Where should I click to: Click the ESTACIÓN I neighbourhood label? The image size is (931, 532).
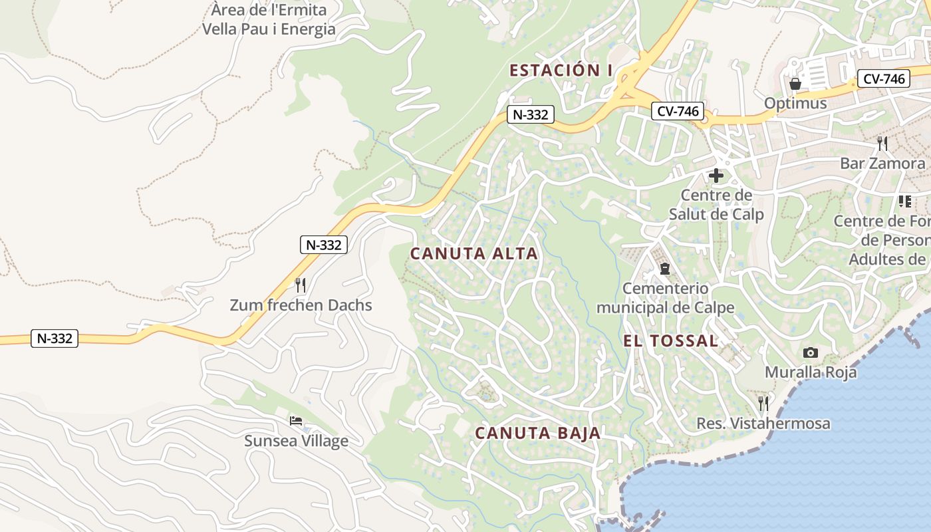point(561,70)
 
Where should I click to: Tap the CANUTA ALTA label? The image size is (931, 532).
point(473,253)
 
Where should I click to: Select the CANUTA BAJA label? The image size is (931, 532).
point(537,434)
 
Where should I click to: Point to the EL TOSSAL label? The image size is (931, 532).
point(670,341)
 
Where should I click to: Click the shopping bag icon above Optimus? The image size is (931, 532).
point(795,84)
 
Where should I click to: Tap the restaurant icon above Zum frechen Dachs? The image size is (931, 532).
point(301,285)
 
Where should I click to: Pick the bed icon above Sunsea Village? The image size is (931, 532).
point(296,421)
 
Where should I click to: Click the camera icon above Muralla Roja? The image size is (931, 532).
point(810,352)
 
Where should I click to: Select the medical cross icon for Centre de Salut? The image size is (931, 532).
point(716,176)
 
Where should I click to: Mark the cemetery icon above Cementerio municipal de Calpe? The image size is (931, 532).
point(664,269)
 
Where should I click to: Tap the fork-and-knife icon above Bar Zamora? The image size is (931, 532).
point(882,143)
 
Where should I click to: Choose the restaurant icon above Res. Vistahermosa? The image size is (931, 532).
point(763,403)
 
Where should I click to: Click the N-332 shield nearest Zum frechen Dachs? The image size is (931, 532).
point(324,245)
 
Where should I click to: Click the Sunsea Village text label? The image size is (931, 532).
point(296,441)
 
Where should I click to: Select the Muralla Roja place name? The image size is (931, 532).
point(811,372)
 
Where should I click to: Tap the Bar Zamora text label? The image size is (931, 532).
point(882,164)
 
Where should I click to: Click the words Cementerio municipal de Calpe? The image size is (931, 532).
point(665,298)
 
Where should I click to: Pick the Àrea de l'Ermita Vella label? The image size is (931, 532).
point(269,20)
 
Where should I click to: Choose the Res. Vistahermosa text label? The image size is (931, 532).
point(763,424)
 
